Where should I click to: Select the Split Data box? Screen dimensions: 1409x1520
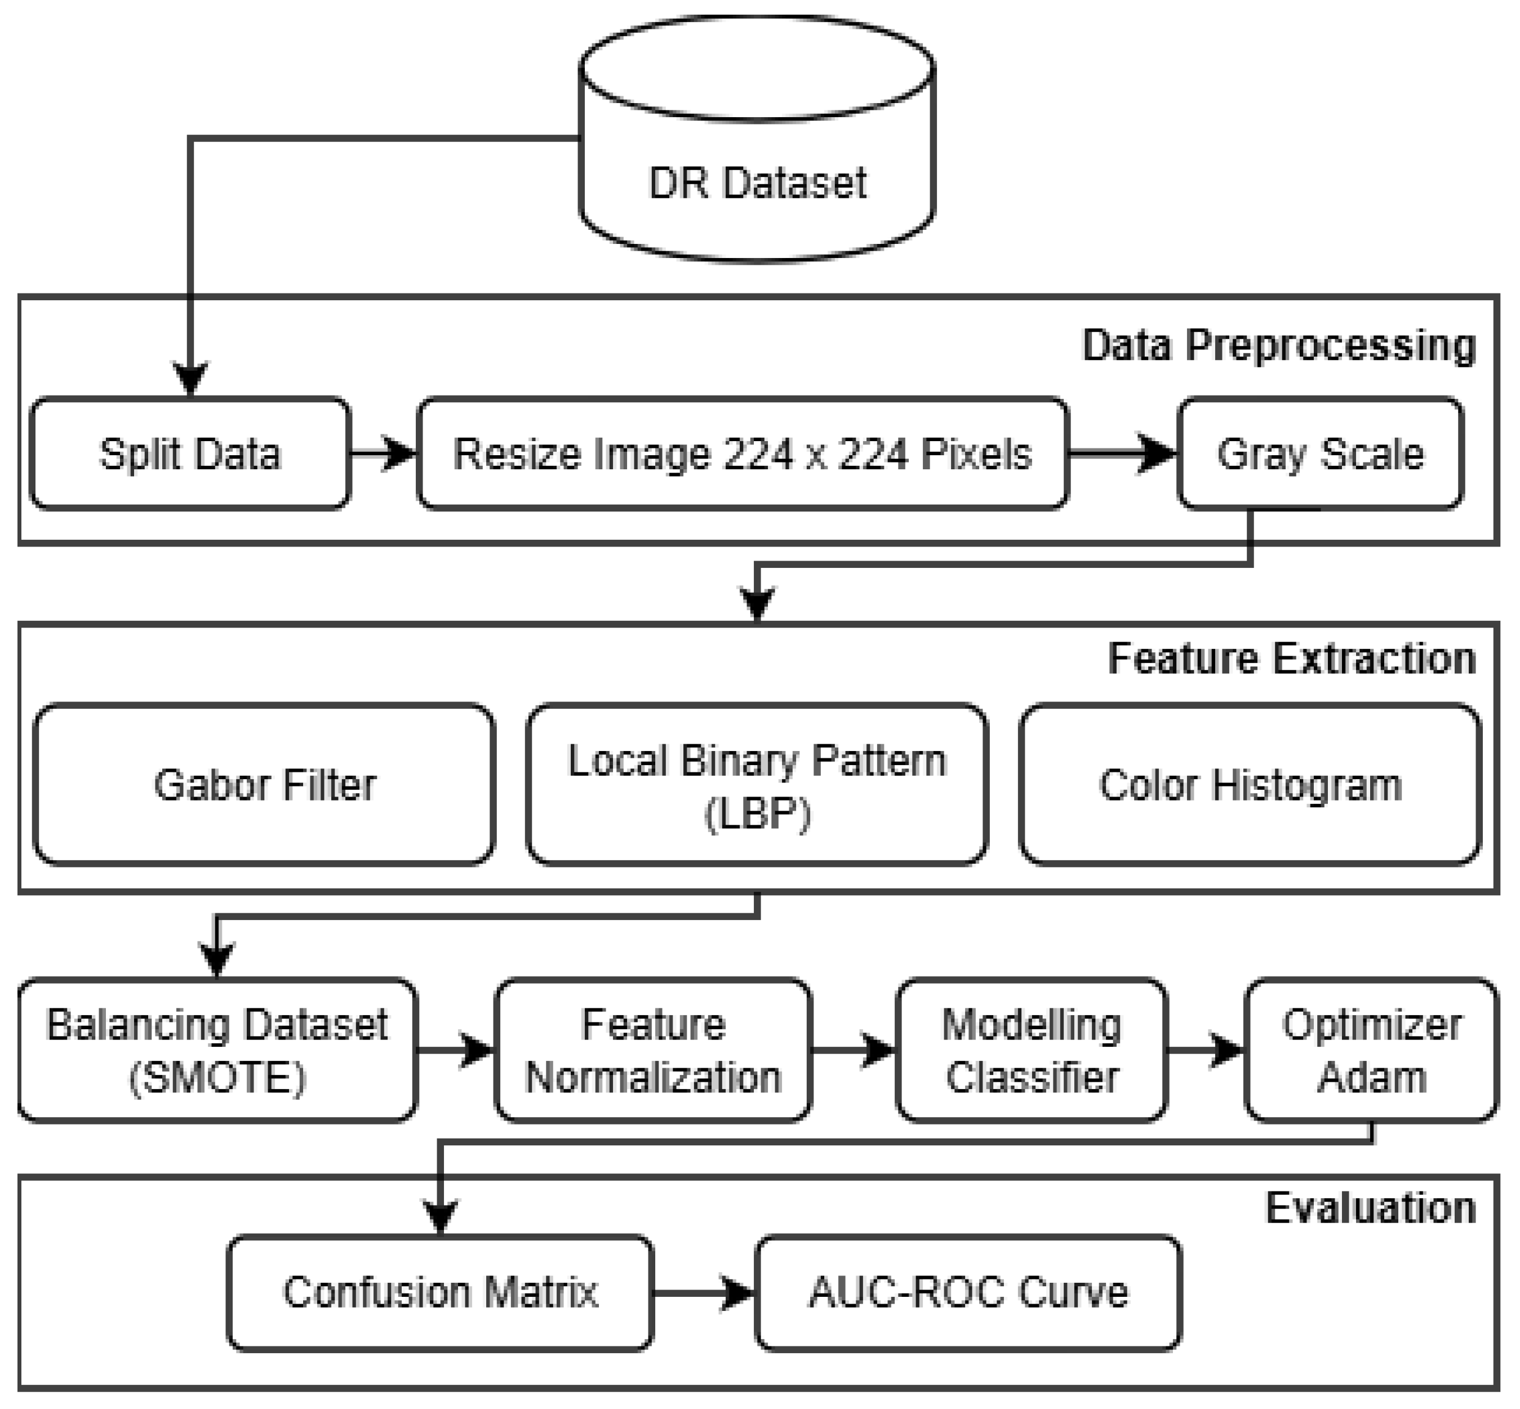(x=190, y=453)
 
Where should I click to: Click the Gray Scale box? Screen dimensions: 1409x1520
(x=1319, y=453)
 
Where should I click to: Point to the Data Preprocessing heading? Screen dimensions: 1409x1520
(x=1278, y=345)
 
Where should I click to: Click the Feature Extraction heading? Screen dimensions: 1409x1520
(x=1291, y=659)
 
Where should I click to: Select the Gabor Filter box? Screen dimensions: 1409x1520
(x=265, y=785)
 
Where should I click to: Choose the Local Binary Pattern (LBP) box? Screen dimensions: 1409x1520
(x=757, y=785)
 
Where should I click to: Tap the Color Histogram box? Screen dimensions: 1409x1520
(x=1250, y=785)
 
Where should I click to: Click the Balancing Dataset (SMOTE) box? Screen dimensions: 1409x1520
(x=217, y=1050)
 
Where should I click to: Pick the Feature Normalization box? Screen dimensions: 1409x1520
(x=654, y=1050)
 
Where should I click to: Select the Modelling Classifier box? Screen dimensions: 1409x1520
(x=1032, y=1050)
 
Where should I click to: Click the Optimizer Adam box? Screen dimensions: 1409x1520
(x=1371, y=1050)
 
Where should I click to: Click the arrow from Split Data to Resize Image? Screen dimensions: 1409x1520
(x=384, y=453)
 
